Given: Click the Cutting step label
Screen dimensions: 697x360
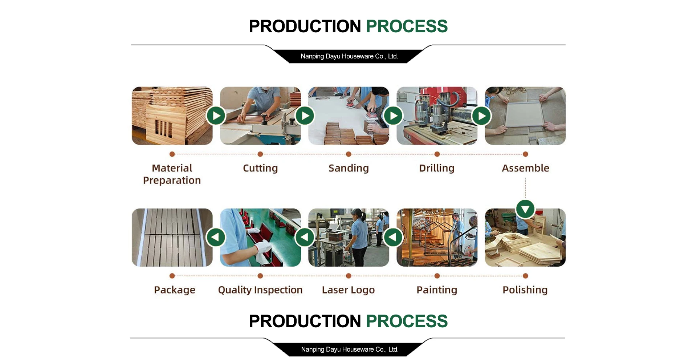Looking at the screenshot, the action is pyautogui.click(x=260, y=168).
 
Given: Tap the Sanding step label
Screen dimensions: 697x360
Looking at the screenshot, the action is pyautogui.click(x=348, y=168).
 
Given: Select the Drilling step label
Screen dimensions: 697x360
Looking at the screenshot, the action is pyautogui.click(x=437, y=168).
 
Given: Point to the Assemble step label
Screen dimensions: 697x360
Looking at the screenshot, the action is pyautogui.click(x=525, y=168).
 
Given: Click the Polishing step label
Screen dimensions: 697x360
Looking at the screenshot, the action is pyautogui.click(x=525, y=290).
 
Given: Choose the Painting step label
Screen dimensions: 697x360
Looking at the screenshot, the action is pyautogui.click(x=437, y=290).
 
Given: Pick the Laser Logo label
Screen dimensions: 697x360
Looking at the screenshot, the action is pyautogui.click(x=348, y=290).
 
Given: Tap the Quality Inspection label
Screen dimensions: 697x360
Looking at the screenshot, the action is pyautogui.click(x=260, y=290).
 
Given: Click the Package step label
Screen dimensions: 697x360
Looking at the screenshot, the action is pyautogui.click(x=175, y=290).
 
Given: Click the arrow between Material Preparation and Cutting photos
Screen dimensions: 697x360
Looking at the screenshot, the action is pyautogui.click(x=216, y=116).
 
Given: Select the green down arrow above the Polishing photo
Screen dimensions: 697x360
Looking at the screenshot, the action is pyautogui.click(x=525, y=209).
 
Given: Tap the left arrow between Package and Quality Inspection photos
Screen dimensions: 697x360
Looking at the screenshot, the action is pyautogui.click(x=216, y=237).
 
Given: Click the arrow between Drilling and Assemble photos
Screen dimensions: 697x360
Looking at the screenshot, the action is pyautogui.click(x=481, y=116).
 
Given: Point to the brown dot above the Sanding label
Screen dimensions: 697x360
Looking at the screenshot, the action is pyautogui.click(x=348, y=154).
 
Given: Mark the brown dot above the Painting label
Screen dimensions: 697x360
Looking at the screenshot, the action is pyautogui.click(x=437, y=276).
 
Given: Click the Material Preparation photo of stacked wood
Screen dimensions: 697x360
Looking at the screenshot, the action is pyautogui.click(x=172, y=116).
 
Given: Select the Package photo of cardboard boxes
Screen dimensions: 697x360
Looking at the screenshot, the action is pyautogui.click(x=172, y=237).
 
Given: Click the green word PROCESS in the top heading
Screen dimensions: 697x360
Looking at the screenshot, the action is pyautogui.click(x=407, y=26).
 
